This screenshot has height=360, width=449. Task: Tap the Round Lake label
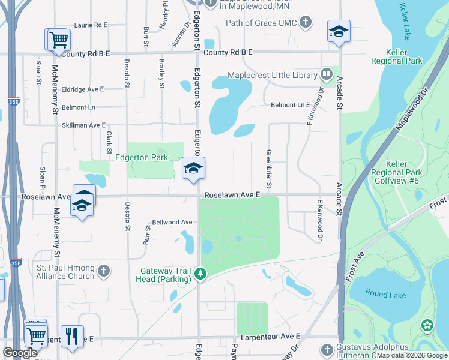click(378, 295)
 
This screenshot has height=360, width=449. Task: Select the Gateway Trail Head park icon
click(200, 275)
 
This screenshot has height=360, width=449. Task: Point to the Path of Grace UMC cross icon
click(306, 23)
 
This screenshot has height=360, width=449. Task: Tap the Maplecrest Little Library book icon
click(327, 75)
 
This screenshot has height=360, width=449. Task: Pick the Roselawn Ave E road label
click(232, 195)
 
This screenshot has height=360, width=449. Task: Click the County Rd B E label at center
click(228, 53)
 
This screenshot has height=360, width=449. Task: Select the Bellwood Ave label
click(172, 222)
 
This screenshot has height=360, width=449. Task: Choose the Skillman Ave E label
click(83, 125)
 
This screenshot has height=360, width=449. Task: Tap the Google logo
click(20, 353)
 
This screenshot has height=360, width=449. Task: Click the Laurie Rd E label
click(91, 25)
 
